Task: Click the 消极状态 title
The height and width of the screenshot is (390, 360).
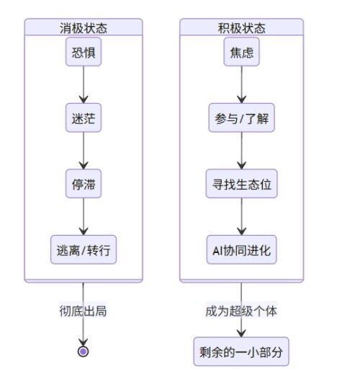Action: click(83, 28)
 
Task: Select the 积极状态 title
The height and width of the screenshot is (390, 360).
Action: click(241, 28)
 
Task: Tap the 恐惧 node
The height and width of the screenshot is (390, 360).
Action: click(83, 55)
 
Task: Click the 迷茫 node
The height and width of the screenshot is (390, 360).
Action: click(83, 120)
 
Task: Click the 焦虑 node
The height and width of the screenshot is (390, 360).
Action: click(241, 55)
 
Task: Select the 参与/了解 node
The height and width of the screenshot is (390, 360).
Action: click(241, 120)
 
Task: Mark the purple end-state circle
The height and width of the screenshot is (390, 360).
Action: click(83, 351)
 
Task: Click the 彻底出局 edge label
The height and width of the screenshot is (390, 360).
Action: click(83, 311)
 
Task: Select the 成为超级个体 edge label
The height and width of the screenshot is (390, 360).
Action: click(241, 311)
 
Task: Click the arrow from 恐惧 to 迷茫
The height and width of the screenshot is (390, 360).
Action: click(83, 87)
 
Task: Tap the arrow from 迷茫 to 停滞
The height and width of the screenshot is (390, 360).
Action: click(83, 152)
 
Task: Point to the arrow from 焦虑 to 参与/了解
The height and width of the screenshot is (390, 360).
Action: click(241, 87)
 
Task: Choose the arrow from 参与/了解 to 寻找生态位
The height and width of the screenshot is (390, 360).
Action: click(241, 152)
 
